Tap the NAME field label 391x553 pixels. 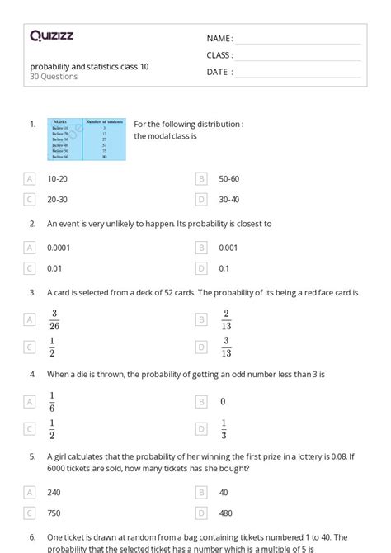[x=219, y=38]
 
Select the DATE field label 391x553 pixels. [x=219, y=72]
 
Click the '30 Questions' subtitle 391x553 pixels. [x=54, y=77]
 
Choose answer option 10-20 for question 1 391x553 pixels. [x=57, y=178]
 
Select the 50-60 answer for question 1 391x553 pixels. [x=228, y=178]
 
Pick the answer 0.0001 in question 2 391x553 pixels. [x=59, y=247]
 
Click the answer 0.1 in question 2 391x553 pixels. [x=224, y=267]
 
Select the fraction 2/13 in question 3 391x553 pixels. [x=226, y=319]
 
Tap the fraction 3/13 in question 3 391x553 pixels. [x=226, y=347]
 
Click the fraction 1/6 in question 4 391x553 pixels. [x=52, y=401]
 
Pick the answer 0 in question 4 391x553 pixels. [x=223, y=402]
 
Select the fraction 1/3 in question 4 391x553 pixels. [x=224, y=429]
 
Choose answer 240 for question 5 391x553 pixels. [x=54, y=492]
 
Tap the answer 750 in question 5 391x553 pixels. [x=54, y=513]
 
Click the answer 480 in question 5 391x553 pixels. [x=226, y=513]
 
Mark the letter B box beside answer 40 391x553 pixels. [x=200, y=492]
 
